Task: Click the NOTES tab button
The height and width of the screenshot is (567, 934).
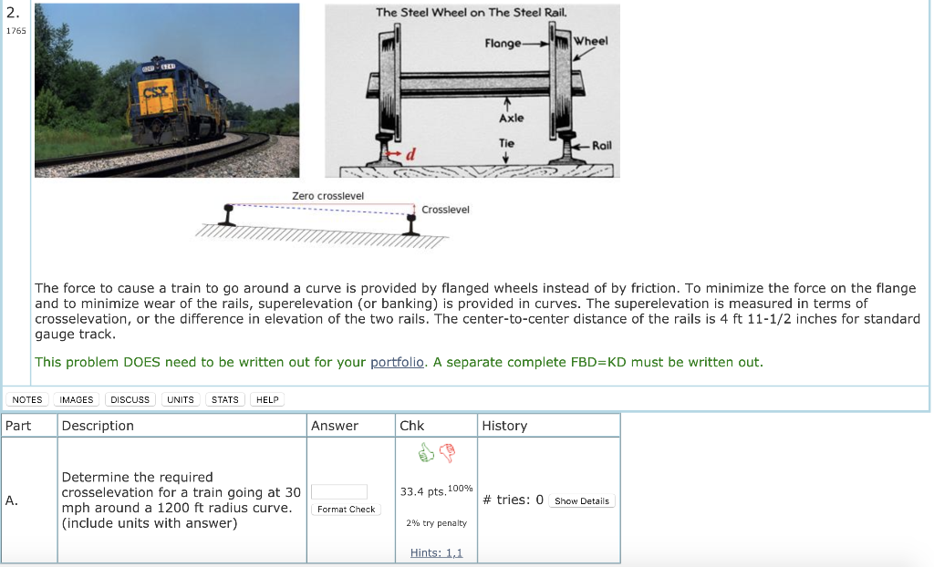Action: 27,399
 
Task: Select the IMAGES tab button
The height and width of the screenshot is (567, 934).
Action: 77,399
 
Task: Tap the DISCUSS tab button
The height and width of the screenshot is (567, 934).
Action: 130,399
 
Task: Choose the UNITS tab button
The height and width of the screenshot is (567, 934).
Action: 181,399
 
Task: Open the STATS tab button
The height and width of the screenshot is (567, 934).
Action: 225,399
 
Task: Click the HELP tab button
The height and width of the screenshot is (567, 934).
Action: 267,399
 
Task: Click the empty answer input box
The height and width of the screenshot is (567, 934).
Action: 339,491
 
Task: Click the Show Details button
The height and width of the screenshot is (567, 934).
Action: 582,500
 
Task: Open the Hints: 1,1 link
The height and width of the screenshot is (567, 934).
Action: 436,552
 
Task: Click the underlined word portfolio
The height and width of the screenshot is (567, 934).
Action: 398,362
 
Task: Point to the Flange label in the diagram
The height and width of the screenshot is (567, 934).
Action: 503,43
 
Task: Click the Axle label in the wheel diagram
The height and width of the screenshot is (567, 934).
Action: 511,119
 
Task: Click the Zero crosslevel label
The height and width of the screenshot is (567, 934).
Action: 327,196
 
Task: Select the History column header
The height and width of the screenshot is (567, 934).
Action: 504,426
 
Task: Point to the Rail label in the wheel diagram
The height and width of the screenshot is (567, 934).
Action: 602,145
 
